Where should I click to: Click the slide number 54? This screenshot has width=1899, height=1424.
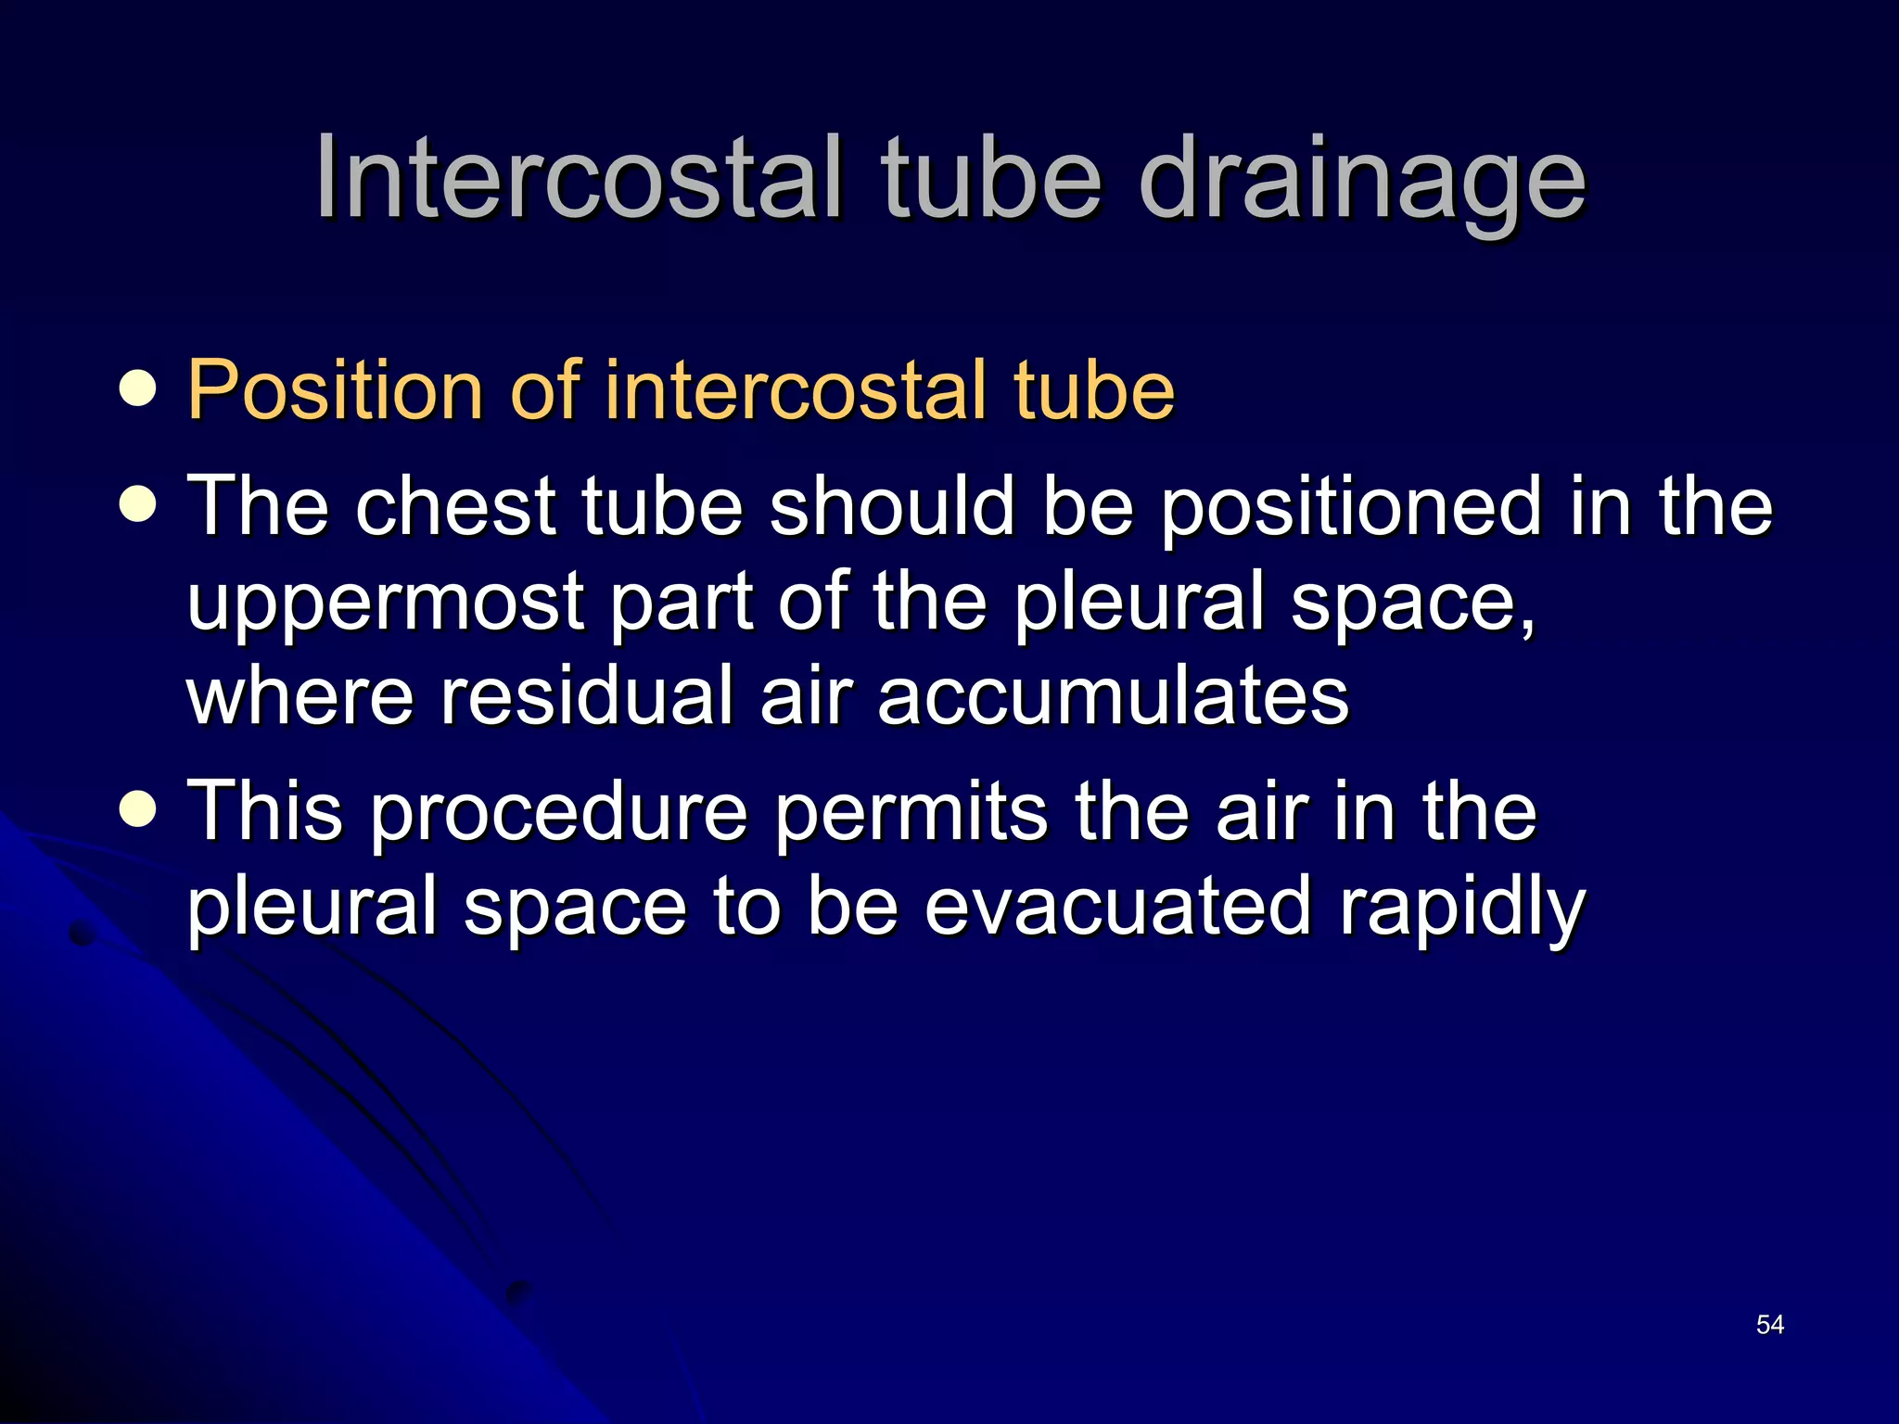(x=1769, y=1325)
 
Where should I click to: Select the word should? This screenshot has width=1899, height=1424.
(x=890, y=506)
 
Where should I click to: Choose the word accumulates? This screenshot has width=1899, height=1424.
(x=1113, y=696)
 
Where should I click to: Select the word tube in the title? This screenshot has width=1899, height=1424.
(x=992, y=178)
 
